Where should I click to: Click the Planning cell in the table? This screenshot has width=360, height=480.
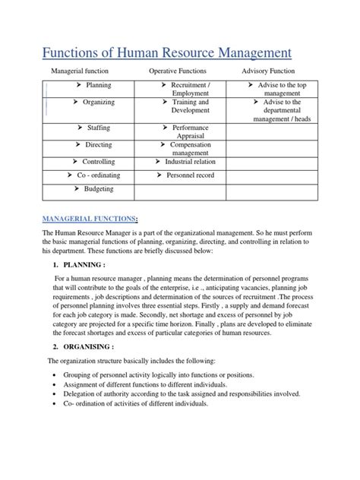click(x=94, y=85)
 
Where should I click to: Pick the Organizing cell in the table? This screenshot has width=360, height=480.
click(x=94, y=101)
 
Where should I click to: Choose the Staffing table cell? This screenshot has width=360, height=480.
click(x=94, y=128)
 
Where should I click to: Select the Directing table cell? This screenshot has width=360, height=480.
click(x=94, y=144)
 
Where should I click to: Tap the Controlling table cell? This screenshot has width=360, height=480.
click(x=94, y=162)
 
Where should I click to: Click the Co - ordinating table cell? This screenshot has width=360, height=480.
click(x=94, y=175)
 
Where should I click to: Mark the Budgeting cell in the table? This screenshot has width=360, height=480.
click(x=94, y=188)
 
